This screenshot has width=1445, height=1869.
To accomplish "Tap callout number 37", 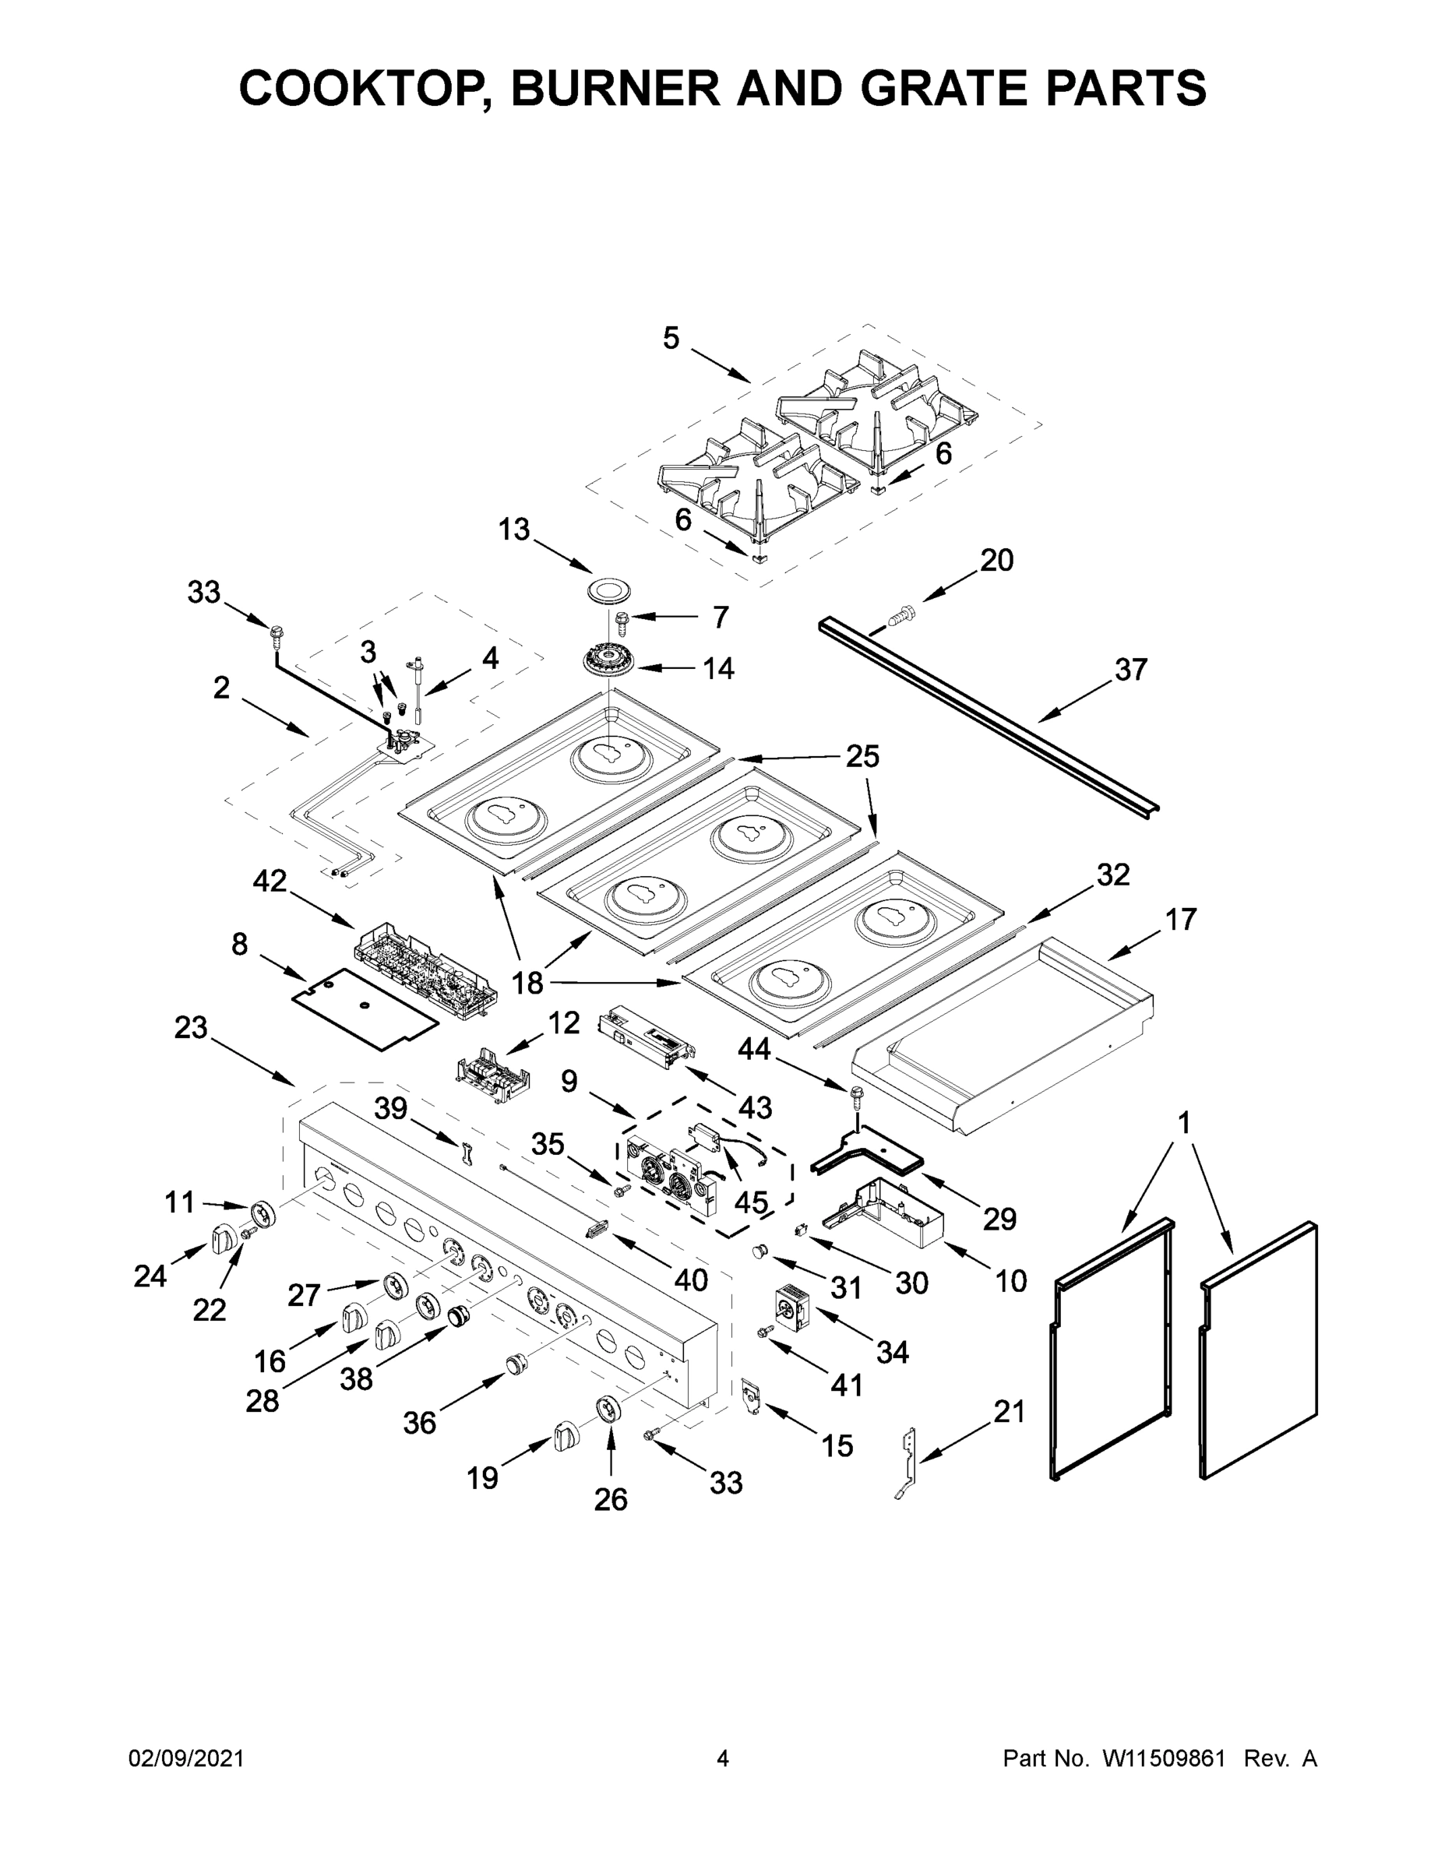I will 1130,670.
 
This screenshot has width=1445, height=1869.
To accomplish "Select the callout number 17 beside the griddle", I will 1180,920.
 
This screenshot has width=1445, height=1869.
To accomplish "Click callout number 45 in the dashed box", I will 751,1202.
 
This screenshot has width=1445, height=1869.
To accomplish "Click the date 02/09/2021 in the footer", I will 187,1758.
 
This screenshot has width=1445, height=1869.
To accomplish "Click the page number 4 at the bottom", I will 723,1758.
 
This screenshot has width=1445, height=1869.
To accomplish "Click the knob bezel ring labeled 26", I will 609,1410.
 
